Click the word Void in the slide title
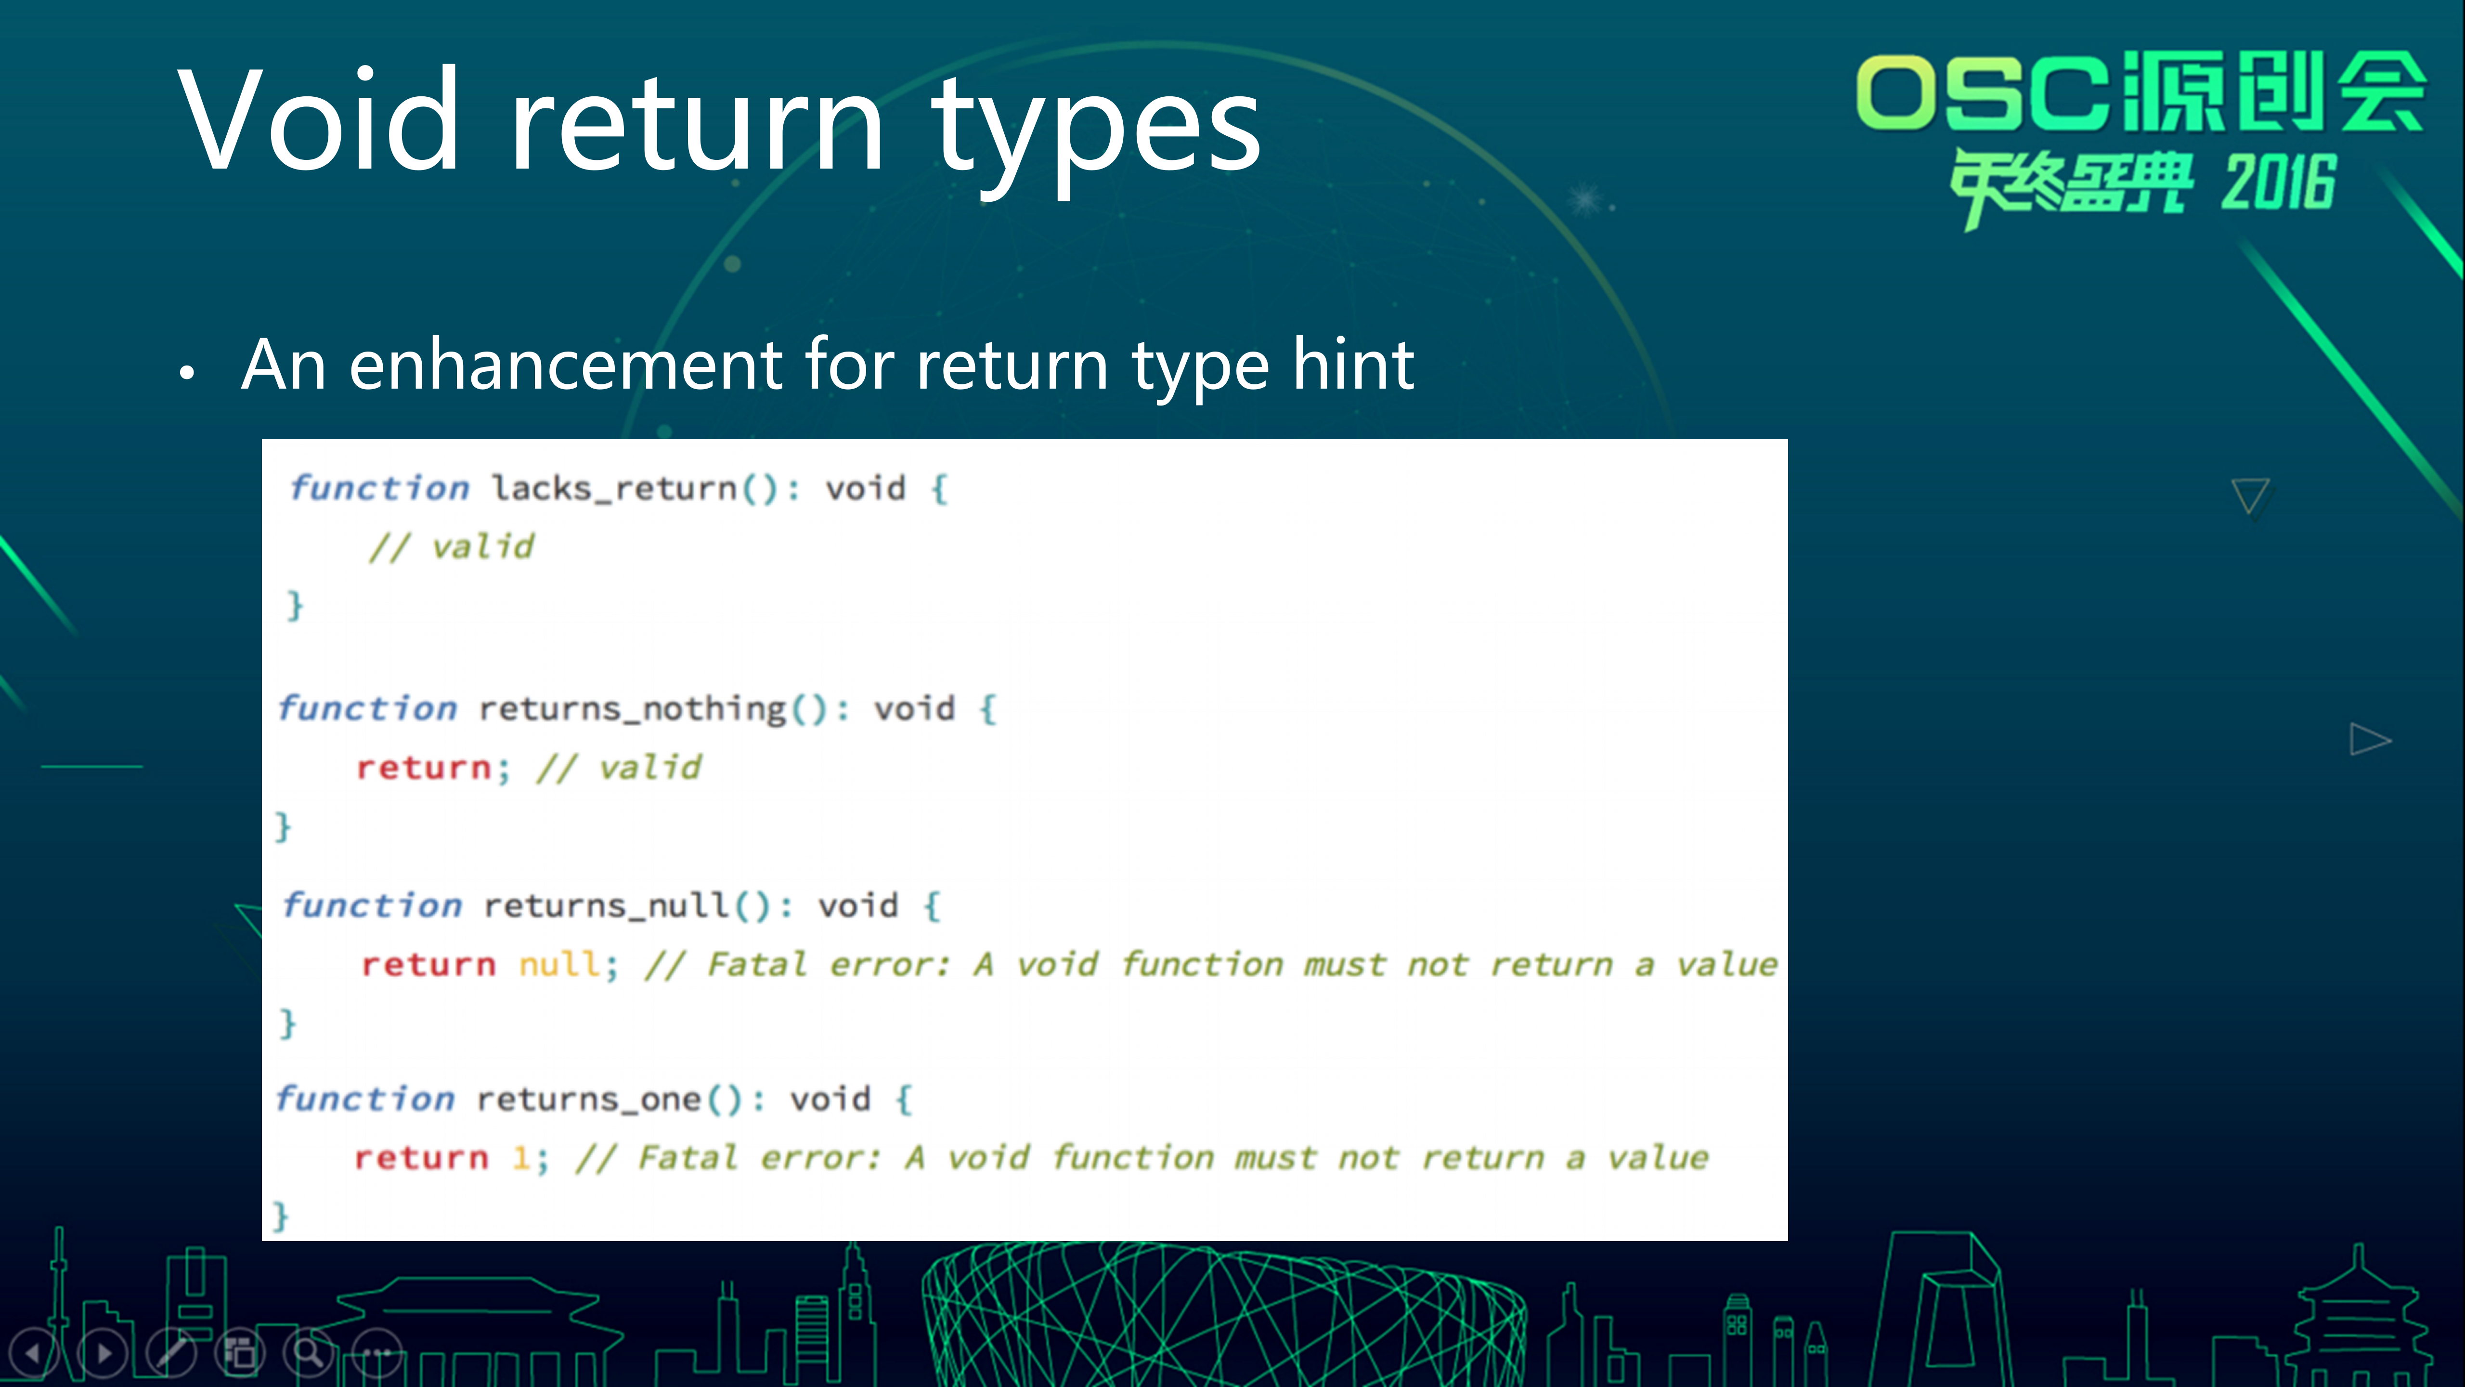point(319,120)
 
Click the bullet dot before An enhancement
point(188,373)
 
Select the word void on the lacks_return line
point(865,488)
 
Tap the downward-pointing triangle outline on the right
point(2250,495)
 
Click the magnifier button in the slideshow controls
point(308,1352)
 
